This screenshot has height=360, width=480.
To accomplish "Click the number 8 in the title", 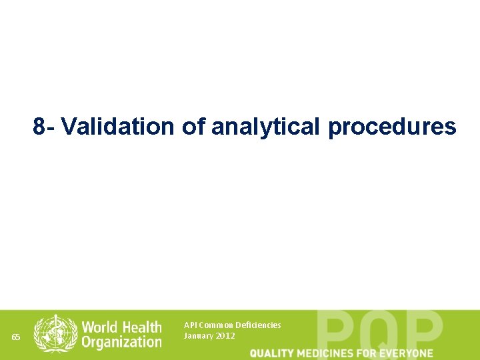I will pos(39,127).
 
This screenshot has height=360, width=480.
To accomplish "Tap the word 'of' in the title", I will pos(193,127).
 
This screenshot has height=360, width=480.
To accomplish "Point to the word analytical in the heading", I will pos(265,127).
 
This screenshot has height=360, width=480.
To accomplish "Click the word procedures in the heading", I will pos(392,127).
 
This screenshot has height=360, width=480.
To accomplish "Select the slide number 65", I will pos(17,337).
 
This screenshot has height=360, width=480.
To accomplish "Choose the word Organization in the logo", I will pos(122,343).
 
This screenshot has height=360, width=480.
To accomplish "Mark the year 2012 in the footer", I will pos(225,335).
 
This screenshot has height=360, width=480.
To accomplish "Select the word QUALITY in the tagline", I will pos(273,353).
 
